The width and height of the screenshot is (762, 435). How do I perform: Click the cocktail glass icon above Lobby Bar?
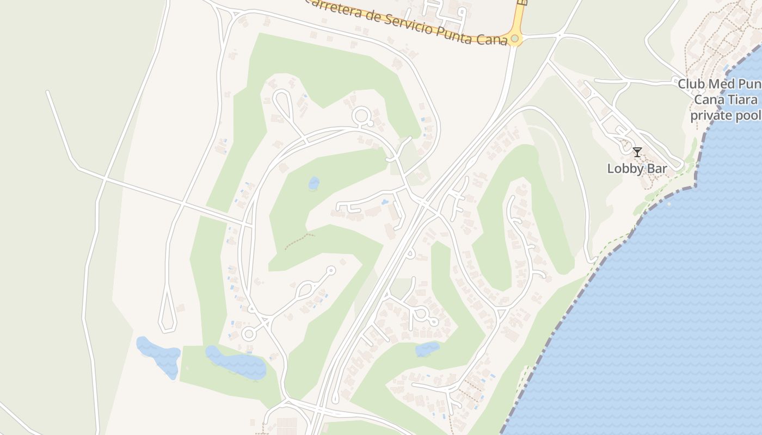click(x=637, y=152)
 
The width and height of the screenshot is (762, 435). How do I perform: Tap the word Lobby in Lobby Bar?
click(x=624, y=169)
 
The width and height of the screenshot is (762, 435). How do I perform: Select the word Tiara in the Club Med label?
click(x=743, y=100)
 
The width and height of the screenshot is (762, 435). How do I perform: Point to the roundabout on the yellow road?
click(x=514, y=39)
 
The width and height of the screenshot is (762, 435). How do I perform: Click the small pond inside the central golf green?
click(x=314, y=183)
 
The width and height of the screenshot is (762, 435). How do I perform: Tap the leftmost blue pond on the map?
click(x=158, y=357)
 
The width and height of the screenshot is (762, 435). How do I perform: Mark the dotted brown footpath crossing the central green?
click(x=299, y=240)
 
